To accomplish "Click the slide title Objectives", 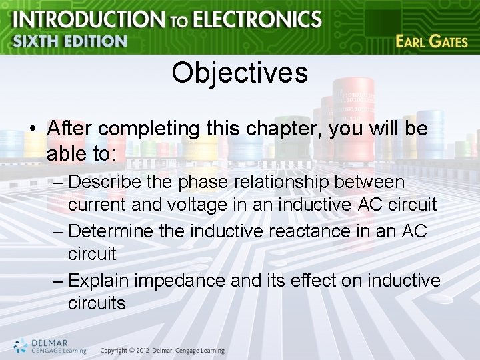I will [x=239, y=73].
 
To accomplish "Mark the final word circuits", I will [x=97, y=303].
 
